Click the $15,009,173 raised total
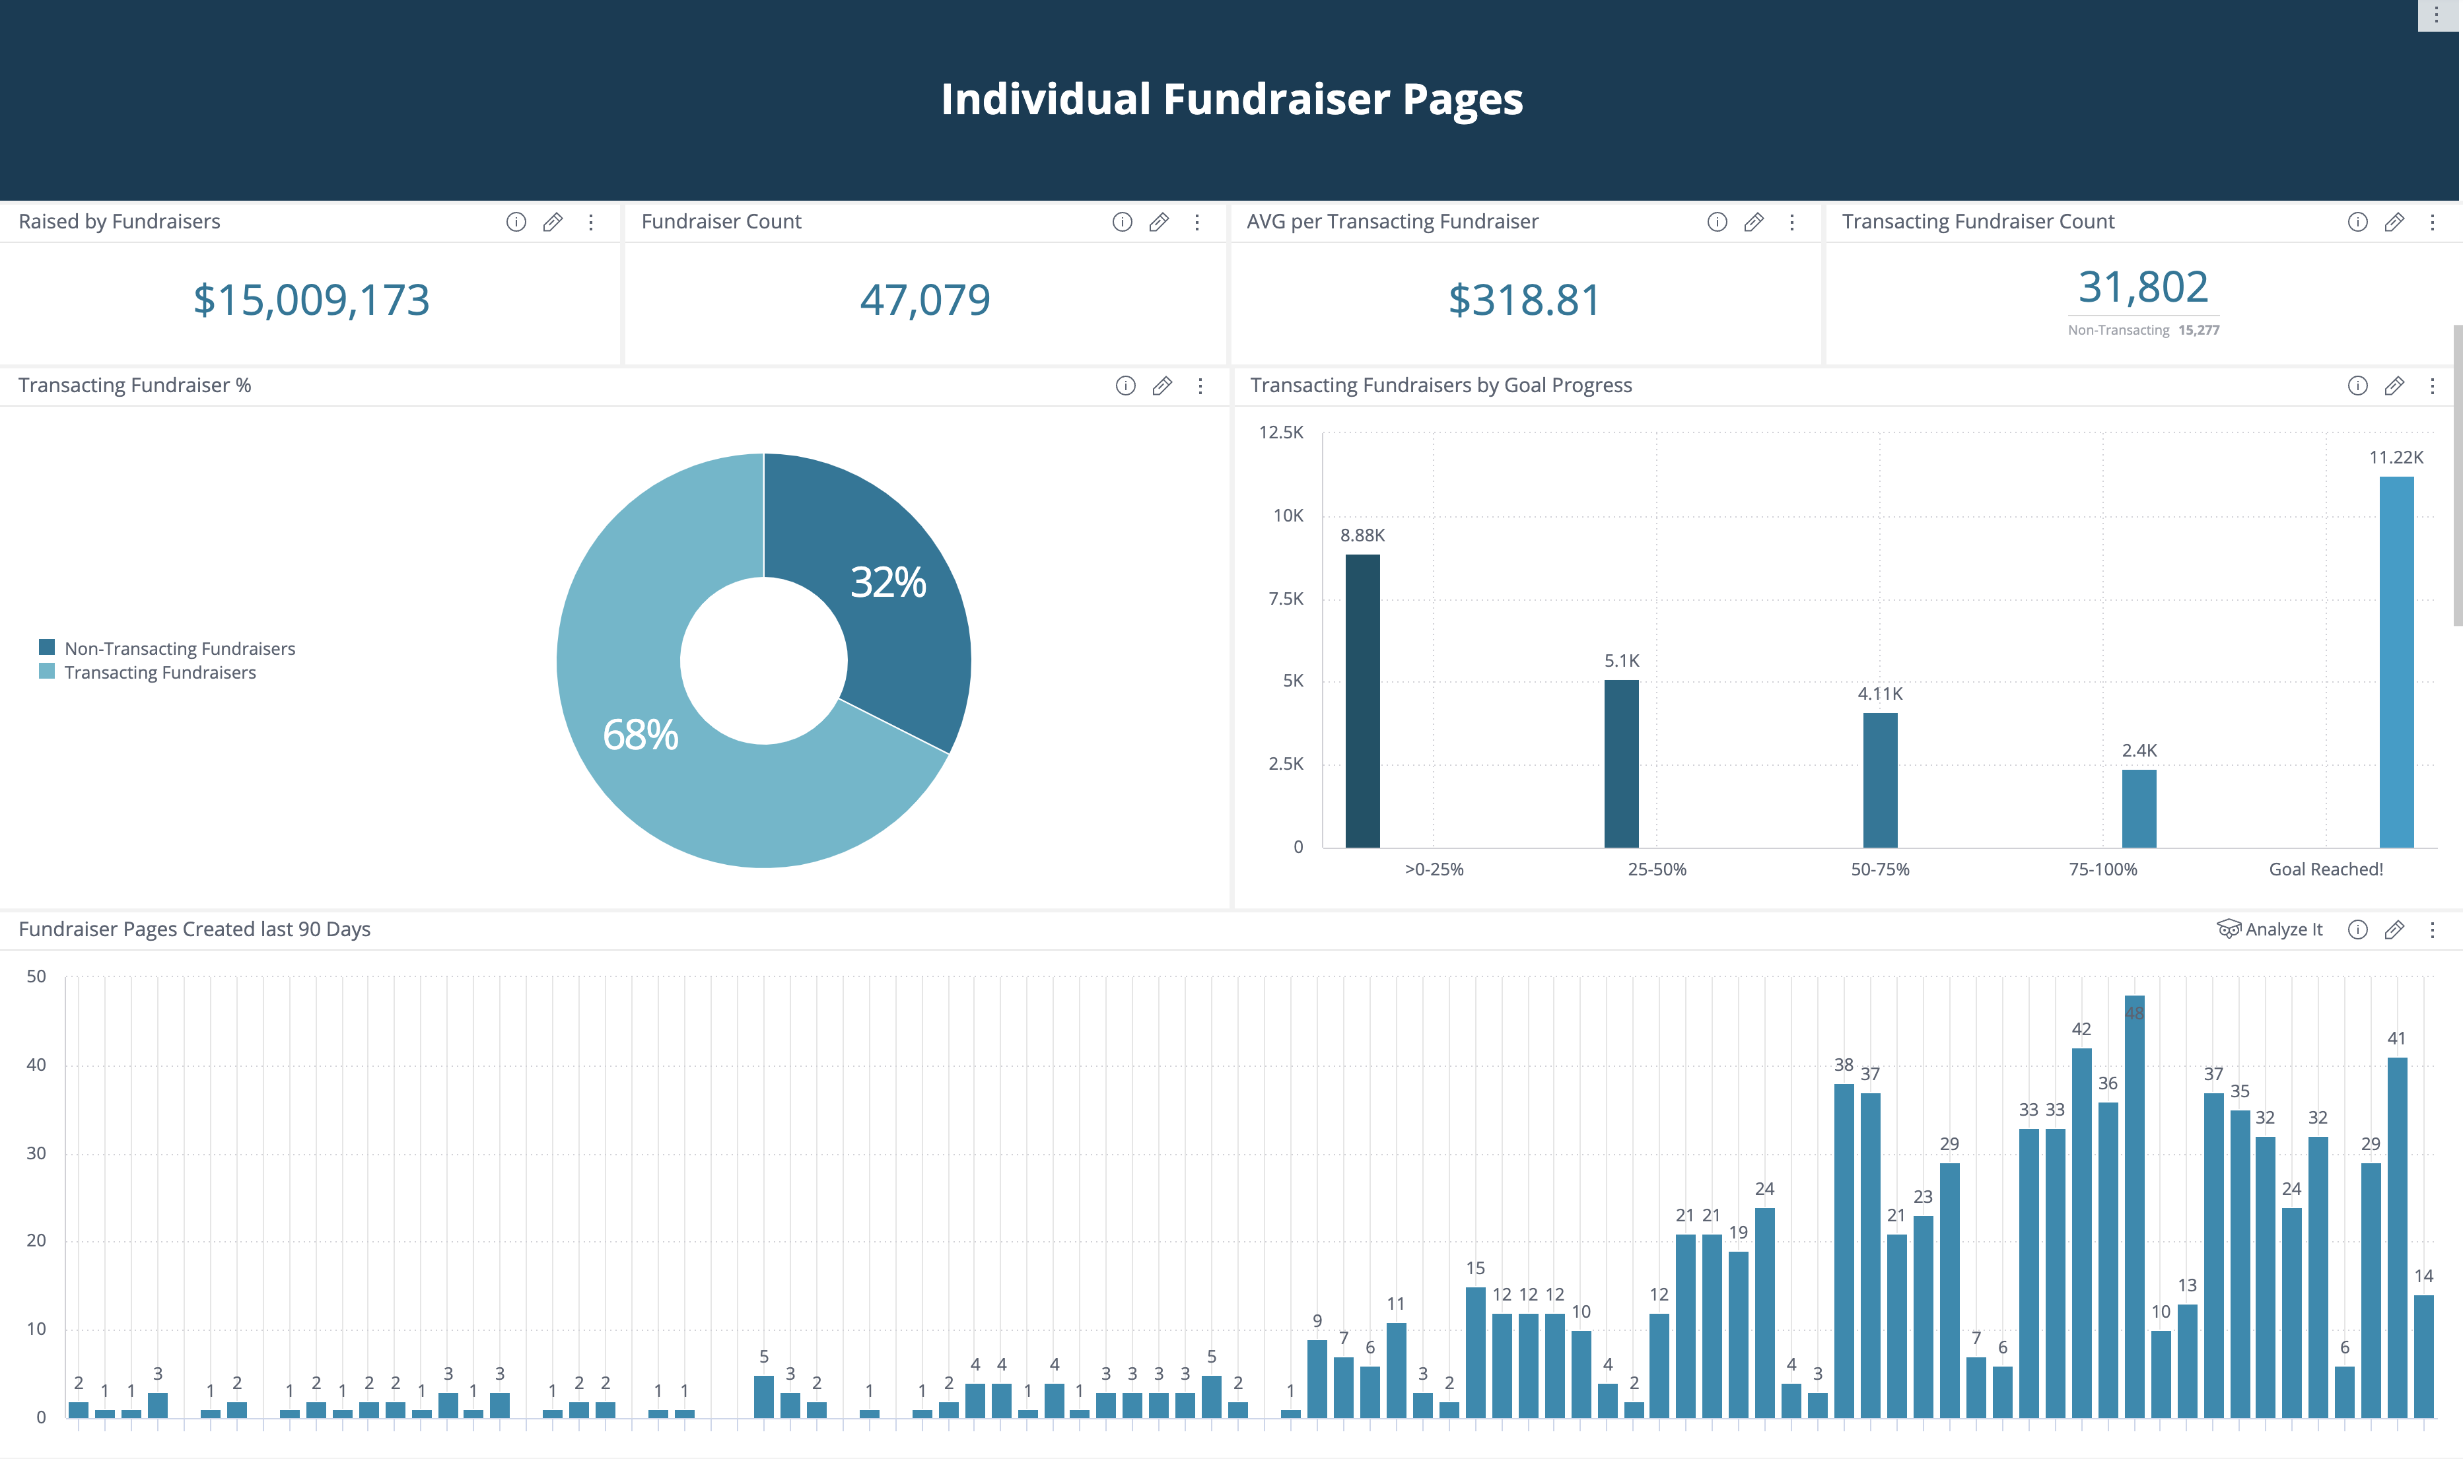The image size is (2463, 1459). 311,300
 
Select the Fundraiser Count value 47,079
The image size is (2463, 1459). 924,300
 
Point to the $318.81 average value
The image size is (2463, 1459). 1524,300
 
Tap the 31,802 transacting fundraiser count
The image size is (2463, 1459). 2143,287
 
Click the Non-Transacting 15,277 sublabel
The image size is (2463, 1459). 2143,330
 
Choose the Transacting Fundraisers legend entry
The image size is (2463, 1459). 159,673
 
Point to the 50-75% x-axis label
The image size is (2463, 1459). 1879,869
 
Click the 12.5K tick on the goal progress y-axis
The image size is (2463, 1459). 1280,432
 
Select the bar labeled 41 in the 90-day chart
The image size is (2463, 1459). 2396,1238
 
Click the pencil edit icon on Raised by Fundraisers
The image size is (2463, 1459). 553,222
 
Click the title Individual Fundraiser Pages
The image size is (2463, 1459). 1231,99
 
